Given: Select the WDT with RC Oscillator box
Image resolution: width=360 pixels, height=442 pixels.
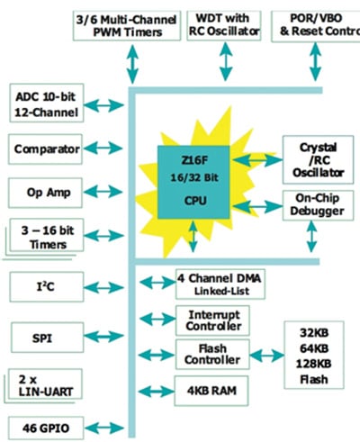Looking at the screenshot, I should tap(222, 25).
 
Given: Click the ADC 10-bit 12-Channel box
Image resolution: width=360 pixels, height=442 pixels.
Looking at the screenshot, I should tap(48, 104).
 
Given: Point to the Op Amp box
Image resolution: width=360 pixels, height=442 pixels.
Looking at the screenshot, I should tap(48, 191).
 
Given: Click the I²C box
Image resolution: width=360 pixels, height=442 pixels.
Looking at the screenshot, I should tap(48, 287).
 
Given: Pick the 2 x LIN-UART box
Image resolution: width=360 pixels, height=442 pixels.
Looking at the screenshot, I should tap(46, 385).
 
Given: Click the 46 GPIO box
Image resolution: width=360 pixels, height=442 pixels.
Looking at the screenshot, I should tap(48, 425).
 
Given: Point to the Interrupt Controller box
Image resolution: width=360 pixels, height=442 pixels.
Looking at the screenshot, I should tap(212, 320).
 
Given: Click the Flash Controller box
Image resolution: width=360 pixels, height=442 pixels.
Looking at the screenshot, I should tap(212, 354).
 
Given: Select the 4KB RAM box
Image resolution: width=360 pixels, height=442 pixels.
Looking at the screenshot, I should tap(212, 392).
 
